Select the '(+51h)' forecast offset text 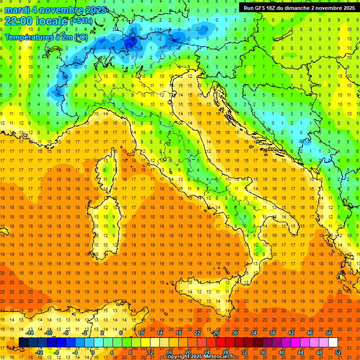click(x=81, y=22)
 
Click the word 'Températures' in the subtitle click(x=27, y=37)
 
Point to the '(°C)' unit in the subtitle click(x=80, y=37)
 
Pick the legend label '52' click(x=338, y=352)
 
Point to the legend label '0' click(x=93, y=352)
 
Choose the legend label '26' click(x=216, y=332)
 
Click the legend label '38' click(x=272, y=332)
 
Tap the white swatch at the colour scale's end click(x=333, y=342)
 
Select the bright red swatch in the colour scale click(x=220, y=342)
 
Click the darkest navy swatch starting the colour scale click(x=23, y=342)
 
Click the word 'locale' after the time click(x=51, y=21)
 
